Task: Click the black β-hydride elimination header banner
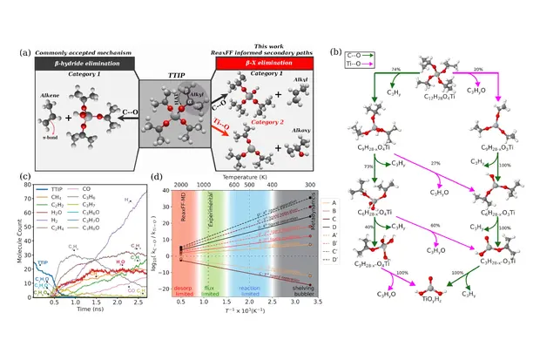85,63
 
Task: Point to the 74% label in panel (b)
421,68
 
